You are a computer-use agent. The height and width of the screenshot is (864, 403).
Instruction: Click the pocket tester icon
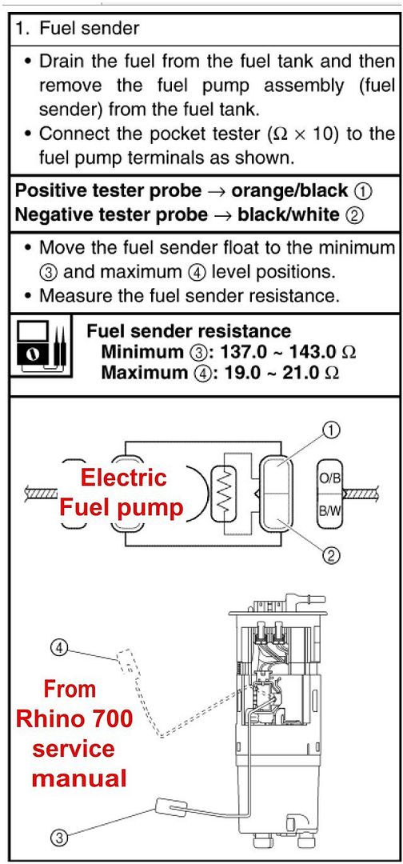click(x=38, y=348)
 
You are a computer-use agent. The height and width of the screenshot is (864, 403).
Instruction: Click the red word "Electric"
click(x=125, y=478)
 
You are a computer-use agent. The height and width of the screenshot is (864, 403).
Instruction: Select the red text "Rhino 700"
click(x=74, y=718)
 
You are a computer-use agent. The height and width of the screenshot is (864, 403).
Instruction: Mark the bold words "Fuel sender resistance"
click(x=189, y=330)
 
